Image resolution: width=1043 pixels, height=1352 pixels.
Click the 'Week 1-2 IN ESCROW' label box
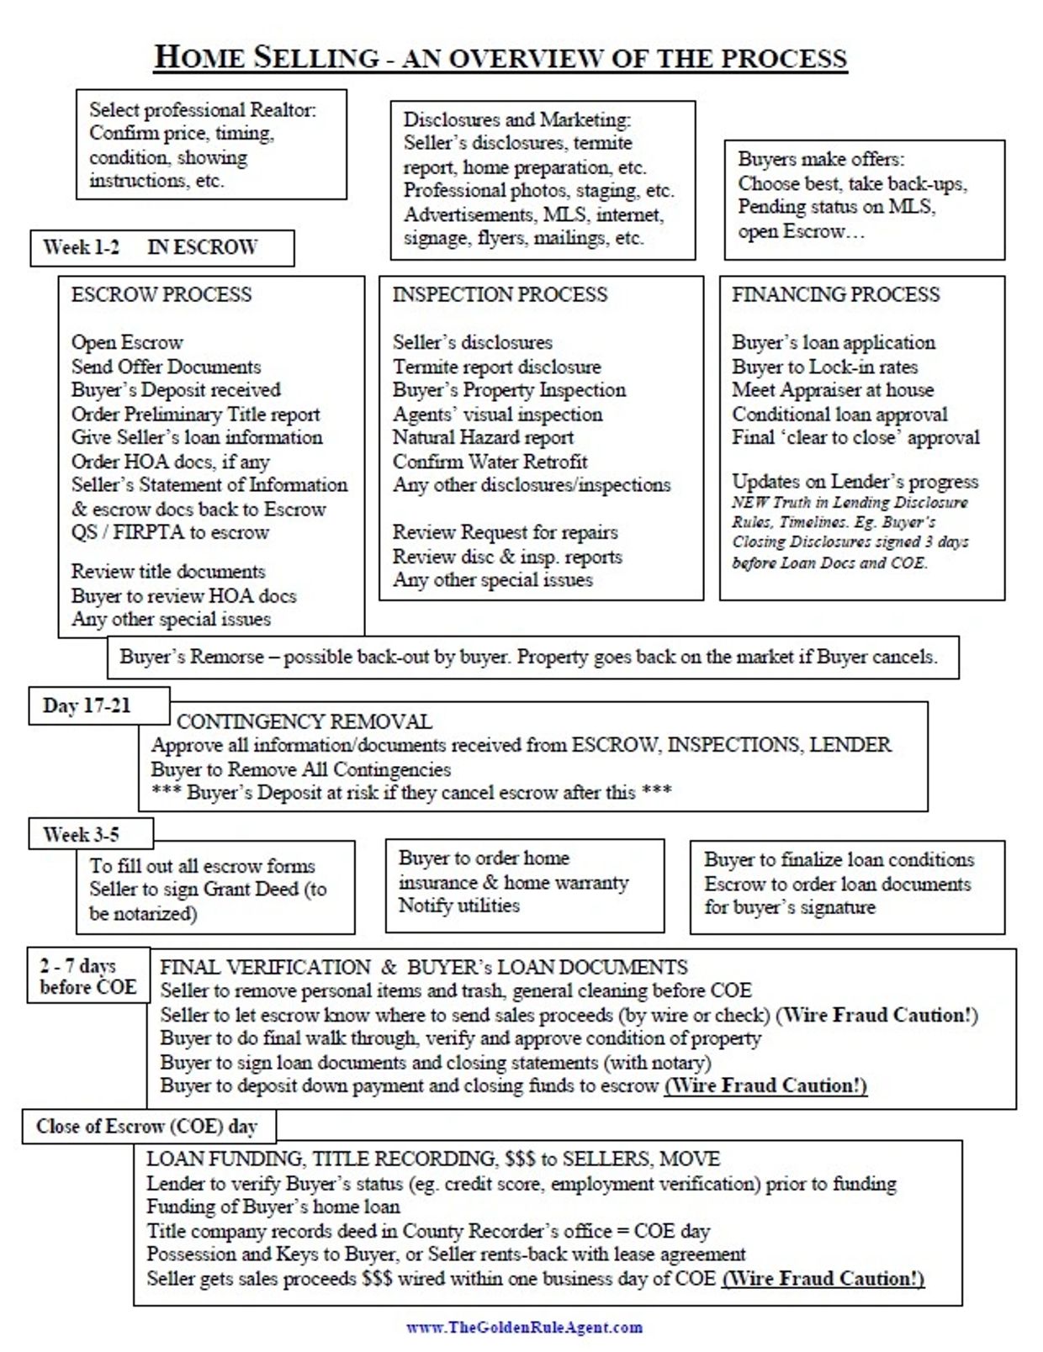[x=161, y=248]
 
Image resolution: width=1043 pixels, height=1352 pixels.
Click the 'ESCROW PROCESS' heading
[x=161, y=294]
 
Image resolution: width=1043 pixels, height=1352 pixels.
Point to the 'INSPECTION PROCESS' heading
[x=500, y=294]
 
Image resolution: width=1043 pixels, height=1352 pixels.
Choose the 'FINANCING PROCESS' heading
[x=835, y=294]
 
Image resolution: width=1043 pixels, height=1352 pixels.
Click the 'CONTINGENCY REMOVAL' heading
[x=304, y=721]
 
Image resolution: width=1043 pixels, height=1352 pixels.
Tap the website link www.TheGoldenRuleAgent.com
[x=524, y=1328]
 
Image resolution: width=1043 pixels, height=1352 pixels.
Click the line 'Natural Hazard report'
[x=483, y=438]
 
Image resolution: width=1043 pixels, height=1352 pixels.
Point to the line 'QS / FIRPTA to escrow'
[x=170, y=532]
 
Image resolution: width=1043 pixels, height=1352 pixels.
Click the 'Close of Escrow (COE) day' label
[x=146, y=1127]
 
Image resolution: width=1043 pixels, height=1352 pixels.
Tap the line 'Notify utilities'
[x=459, y=906]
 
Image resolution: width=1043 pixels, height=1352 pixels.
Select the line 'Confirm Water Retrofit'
[x=490, y=462]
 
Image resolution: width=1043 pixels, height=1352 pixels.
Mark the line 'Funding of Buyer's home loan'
[x=273, y=1207]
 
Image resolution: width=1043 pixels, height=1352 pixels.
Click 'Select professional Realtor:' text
[x=203, y=110]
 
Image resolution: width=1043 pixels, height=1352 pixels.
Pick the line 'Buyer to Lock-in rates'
[x=824, y=367]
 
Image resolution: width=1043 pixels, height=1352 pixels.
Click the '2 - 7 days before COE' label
[x=87, y=977]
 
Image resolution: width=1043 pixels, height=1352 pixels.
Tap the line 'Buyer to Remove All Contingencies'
[x=301, y=769]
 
